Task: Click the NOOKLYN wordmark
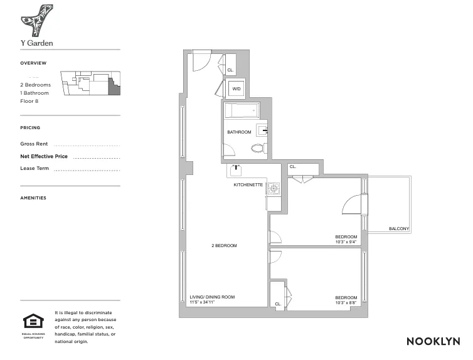point(433,341)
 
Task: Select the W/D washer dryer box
point(236,89)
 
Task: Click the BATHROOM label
point(239,132)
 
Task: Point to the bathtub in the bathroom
point(242,112)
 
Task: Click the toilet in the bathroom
point(257,149)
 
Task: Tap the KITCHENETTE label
point(248,185)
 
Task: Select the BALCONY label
point(399,228)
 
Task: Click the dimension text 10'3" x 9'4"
point(346,241)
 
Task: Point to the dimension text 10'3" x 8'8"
point(346,302)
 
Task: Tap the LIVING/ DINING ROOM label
point(212,297)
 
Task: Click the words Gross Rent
point(34,144)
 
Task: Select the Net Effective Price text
point(44,156)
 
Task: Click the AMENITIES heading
point(33,198)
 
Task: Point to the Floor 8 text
point(29,101)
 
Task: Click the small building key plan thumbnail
point(90,83)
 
